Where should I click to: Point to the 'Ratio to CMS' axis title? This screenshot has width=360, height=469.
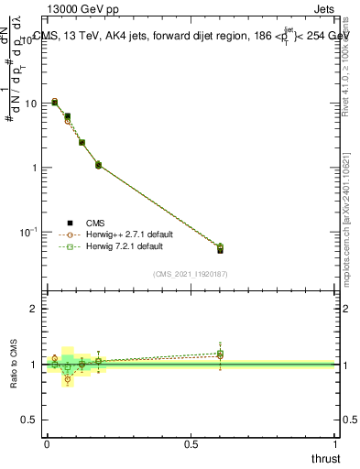click(14, 365)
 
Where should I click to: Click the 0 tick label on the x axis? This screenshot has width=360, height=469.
click(47, 444)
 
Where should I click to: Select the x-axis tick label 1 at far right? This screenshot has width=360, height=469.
click(337, 444)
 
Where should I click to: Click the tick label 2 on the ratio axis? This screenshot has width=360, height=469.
click(35, 310)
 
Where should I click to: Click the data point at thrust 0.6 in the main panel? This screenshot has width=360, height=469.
click(220, 248)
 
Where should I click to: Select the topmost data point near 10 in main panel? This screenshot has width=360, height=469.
click(54, 102)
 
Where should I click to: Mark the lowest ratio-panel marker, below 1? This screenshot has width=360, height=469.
click(67, 379)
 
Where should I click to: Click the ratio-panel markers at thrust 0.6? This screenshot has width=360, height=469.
click(220, 354)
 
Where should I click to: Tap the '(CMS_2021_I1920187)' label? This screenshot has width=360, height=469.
click(191, 273)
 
